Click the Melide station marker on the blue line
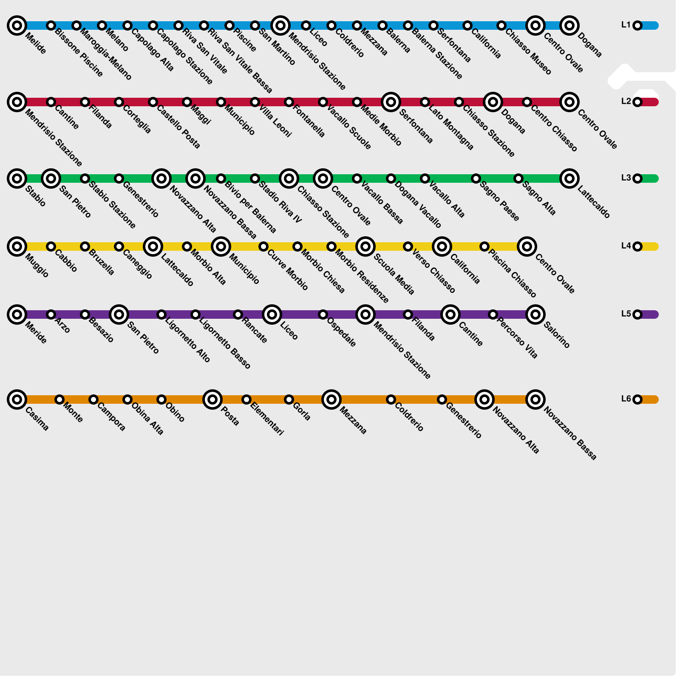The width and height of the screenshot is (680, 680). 17,25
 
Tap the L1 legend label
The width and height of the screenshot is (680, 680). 626,25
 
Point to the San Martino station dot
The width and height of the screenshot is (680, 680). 255,25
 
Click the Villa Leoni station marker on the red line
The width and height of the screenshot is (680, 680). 255,102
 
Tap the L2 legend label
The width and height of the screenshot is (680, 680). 626,102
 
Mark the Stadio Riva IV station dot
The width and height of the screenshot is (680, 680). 255,178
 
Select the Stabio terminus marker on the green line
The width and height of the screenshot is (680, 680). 17,178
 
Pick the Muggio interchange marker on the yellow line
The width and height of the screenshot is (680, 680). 17,246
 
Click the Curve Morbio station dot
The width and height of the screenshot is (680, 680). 263,246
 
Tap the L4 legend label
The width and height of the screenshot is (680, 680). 626,246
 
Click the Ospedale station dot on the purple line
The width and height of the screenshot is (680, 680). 323,314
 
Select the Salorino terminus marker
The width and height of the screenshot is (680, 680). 535,314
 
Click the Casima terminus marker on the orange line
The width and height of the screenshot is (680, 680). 17,399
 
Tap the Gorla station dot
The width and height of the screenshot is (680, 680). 289,399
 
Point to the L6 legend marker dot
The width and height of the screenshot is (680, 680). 637,399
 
